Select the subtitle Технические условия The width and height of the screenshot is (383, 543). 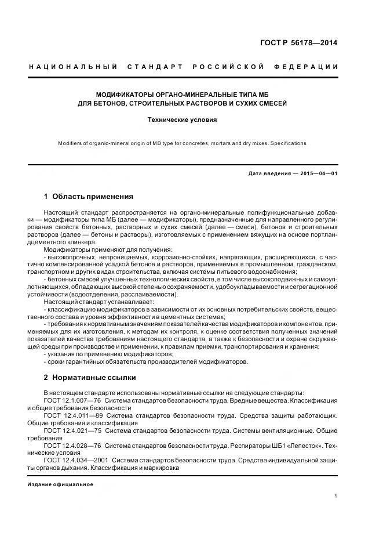pos(183,120)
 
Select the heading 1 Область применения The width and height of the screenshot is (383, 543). pos(88,196)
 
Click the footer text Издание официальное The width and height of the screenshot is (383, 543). pos(60,484)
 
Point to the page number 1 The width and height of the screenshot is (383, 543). pos(336,496)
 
